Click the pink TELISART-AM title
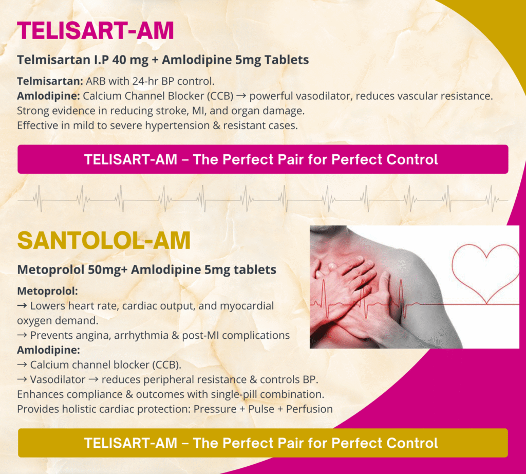(x=95, y=30)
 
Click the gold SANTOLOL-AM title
(x=104, y=241)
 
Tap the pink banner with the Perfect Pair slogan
(x=262, y=159)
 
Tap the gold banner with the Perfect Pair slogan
(x=262, y=443)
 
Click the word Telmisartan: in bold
(x=50, y=81)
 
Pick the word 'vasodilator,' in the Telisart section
(x=301, y=96)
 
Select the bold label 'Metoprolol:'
(x=47, y=291)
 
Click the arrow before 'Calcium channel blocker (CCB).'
(x=22, y=365)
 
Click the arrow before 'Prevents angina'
(x=22, y=336)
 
